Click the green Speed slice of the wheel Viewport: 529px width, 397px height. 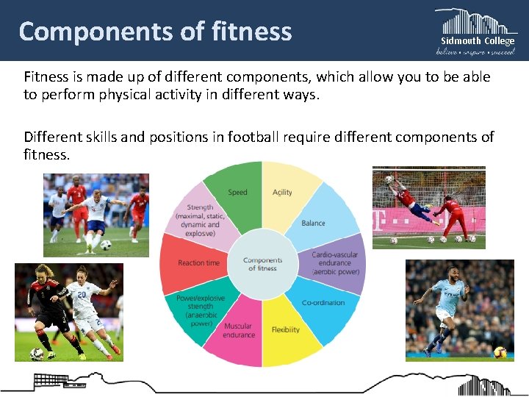pos(237,193)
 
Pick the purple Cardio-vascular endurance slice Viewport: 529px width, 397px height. pos(334,262)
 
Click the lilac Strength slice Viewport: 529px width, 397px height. pos(201,219)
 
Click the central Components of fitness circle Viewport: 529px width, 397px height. pos(262,263)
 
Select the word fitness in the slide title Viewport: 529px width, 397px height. pos(252,32)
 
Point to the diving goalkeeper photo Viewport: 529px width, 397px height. pos(429,208)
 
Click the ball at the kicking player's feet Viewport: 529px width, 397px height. pos(106,245)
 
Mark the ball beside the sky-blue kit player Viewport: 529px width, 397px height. pos(500,351)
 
